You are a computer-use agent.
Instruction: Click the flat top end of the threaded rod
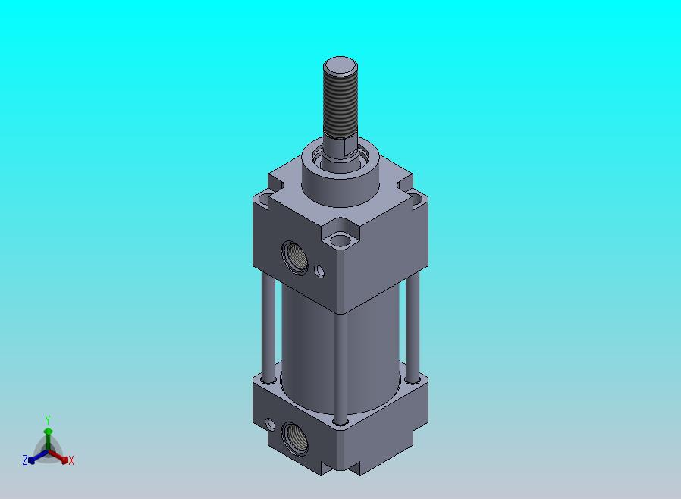tap(340, 66)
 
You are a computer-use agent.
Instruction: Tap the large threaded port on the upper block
tap(295, 257)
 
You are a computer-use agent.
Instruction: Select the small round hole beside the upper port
tap(320, 271)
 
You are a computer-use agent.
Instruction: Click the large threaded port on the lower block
tap(295, 438)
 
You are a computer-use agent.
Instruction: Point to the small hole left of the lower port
tap(270, 425)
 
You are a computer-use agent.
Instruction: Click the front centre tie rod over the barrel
tap(340, 367)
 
